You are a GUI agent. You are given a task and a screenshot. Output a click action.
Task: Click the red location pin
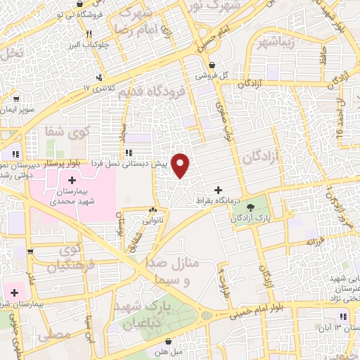click(181, 166)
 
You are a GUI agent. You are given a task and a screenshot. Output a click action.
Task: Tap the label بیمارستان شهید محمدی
click(72, 195)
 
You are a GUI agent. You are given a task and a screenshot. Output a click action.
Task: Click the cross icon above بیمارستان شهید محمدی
click(72, 181)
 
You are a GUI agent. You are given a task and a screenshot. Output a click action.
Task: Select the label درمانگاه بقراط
click(220, 200)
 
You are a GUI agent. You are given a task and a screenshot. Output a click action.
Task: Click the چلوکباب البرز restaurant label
click(89, 44)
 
